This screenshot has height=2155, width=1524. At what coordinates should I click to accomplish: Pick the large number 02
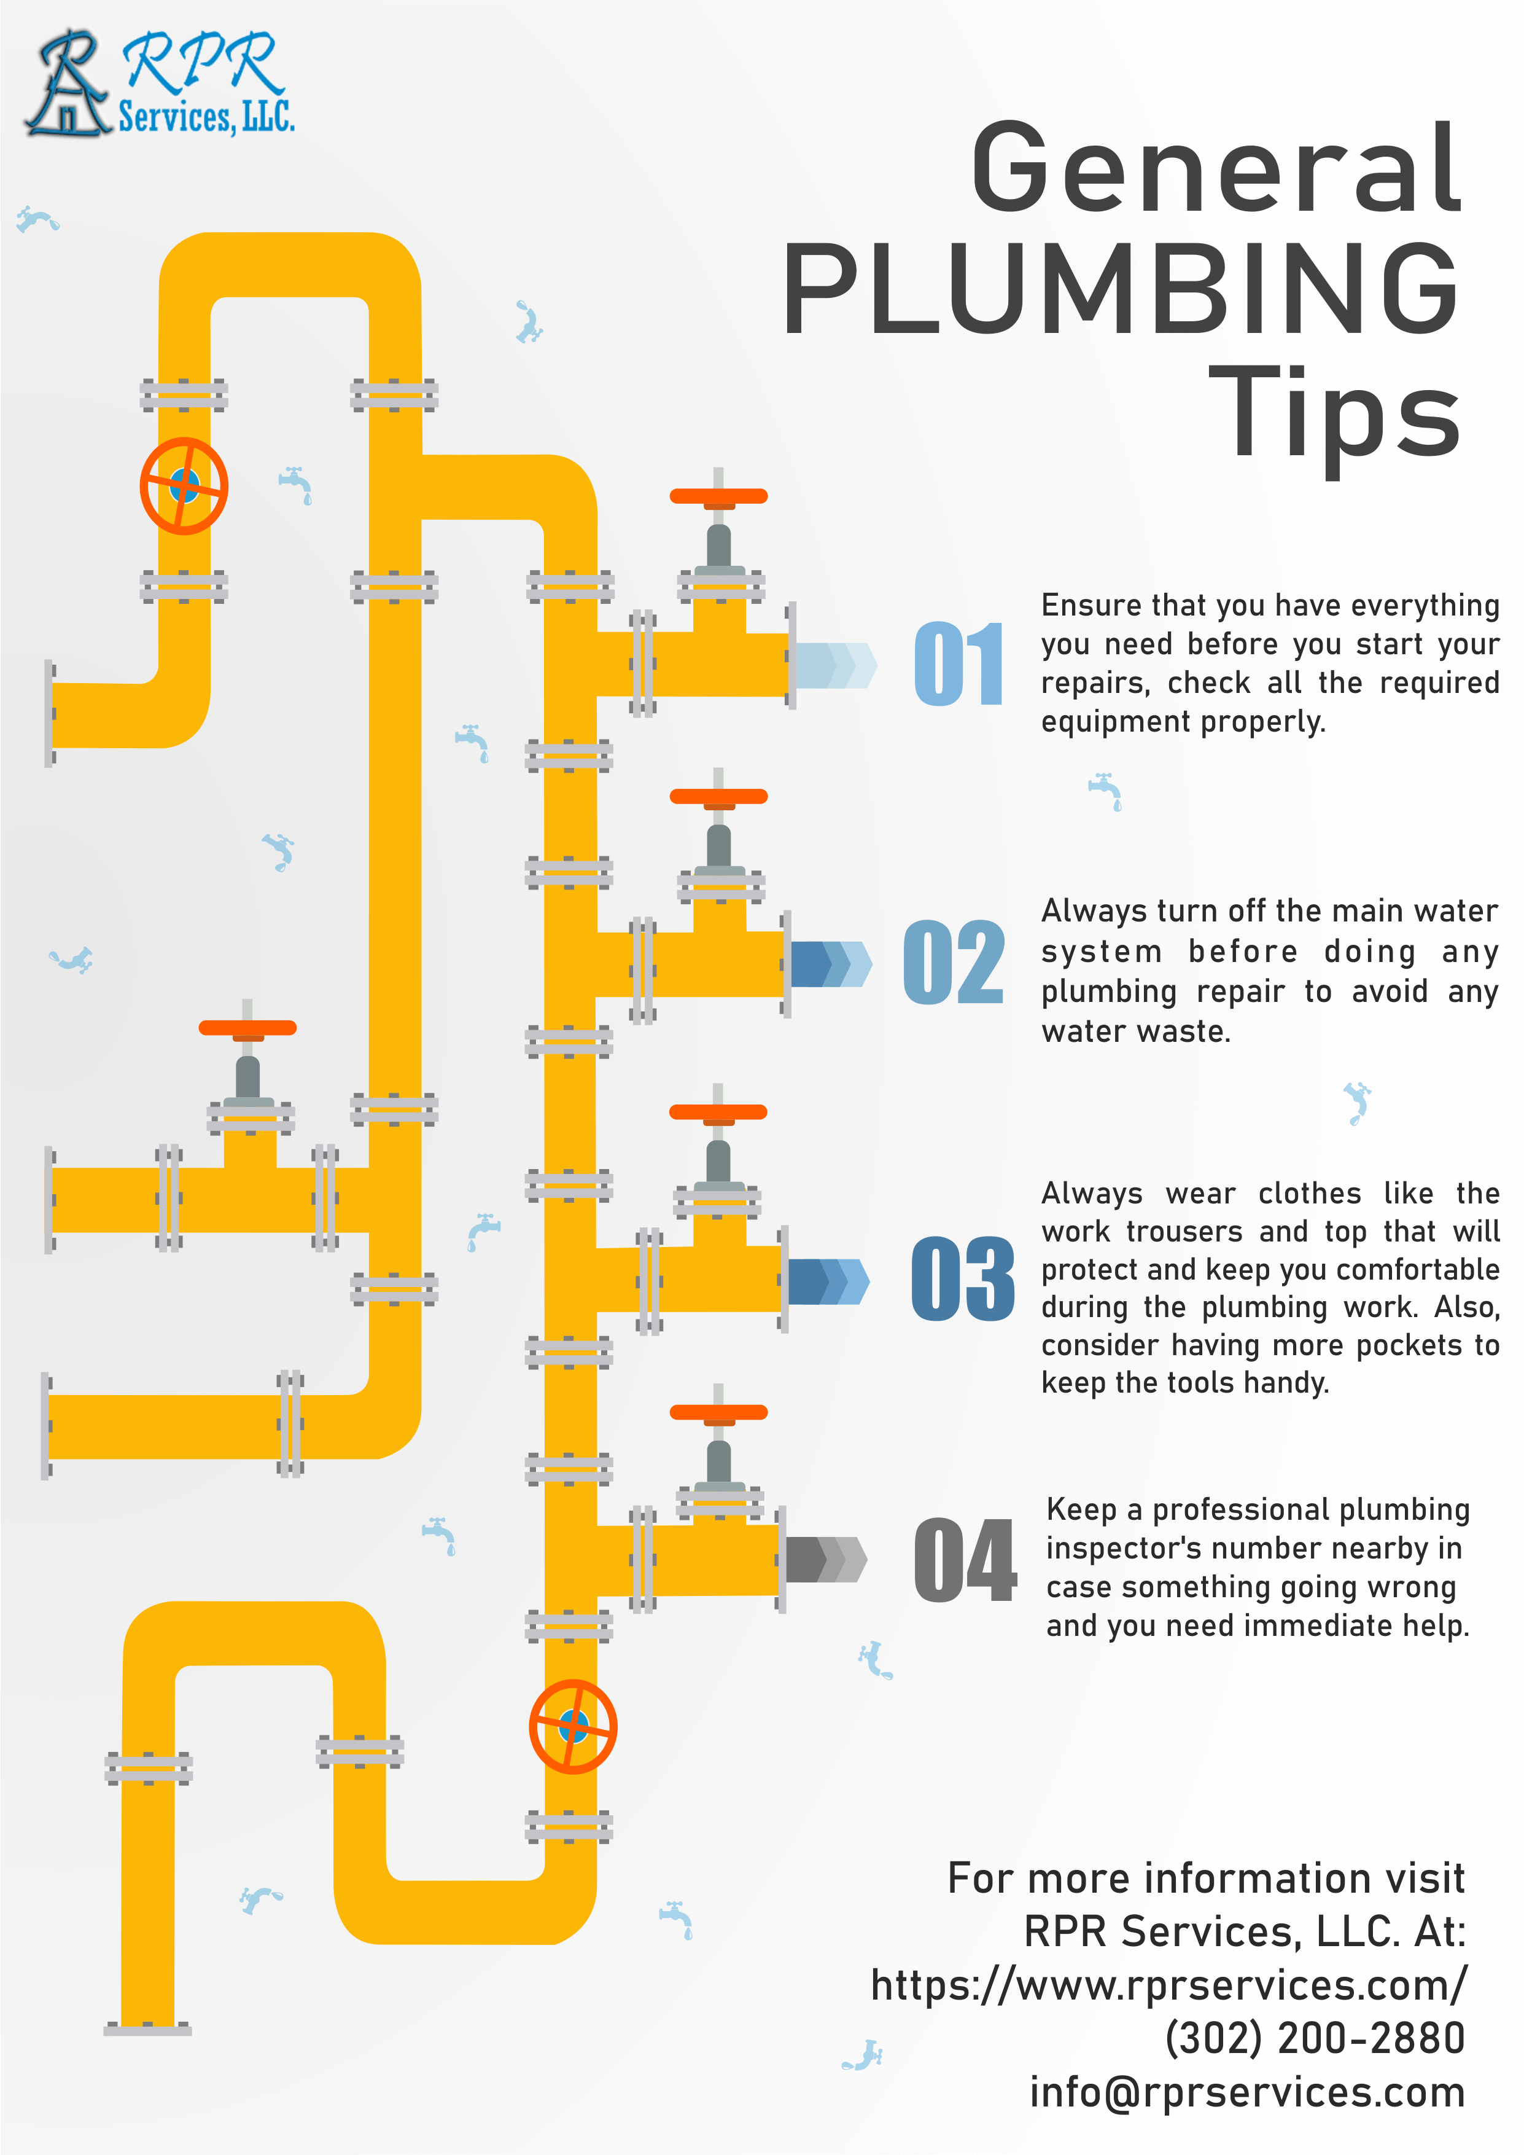(954, 962)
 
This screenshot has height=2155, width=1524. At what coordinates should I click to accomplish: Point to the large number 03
(963, 1278)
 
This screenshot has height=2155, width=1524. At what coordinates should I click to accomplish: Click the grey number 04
(965, 1560)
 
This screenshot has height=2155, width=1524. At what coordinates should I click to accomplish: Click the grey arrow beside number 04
(826, 1560)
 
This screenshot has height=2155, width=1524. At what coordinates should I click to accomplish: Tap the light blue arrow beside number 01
(835, 665)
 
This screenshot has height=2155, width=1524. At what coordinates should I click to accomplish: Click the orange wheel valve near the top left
(184, 486)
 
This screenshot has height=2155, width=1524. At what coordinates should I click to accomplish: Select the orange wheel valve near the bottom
(572, 1727)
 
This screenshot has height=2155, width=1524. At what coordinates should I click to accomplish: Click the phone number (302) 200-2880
(1314, 2039)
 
